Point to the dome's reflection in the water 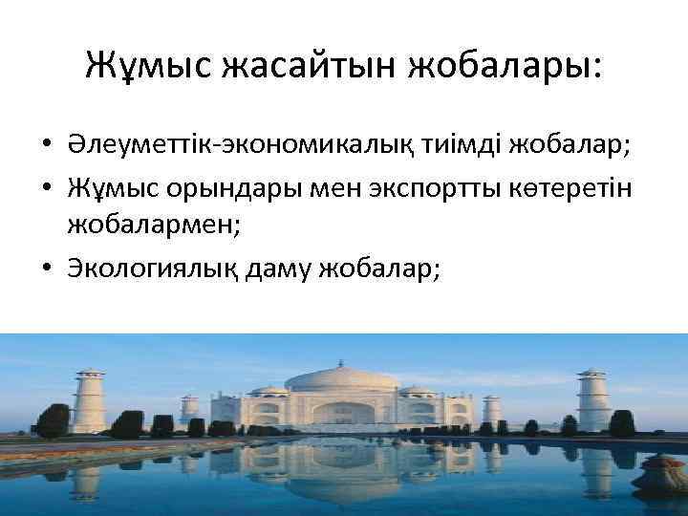tap(343, 478)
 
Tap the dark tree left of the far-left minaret tap(53, 419)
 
